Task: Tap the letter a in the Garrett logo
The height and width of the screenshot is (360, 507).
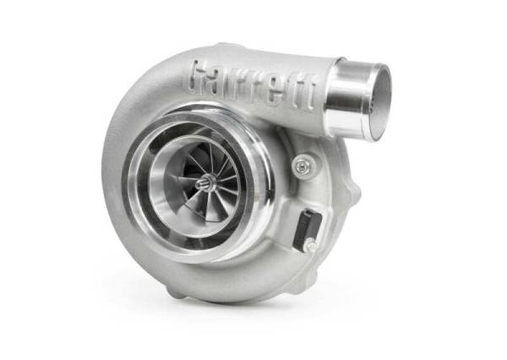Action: click(225, 82)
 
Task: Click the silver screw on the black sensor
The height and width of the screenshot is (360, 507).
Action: click(310, 245)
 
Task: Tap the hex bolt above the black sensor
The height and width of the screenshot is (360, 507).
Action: click(301, 166)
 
